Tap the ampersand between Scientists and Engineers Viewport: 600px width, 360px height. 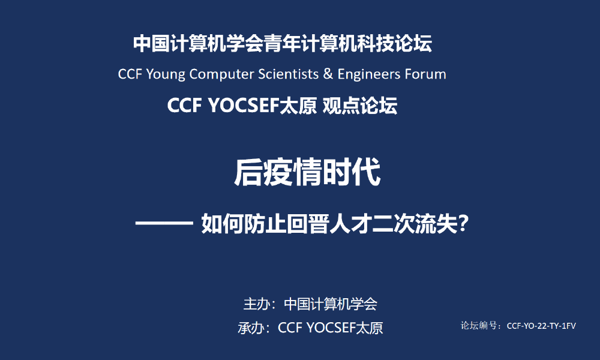point(328,74)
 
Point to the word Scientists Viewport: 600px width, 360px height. point(288,74)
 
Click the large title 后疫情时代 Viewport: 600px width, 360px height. point(307,173)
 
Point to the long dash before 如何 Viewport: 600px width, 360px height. point(164,224)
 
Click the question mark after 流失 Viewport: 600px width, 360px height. point(463,223)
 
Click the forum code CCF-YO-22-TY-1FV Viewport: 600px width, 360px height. point(541,326)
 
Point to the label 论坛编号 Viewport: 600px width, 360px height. point(479,326)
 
